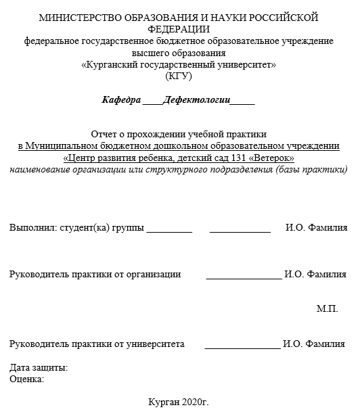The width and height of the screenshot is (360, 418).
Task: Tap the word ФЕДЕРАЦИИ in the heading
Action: pos(179,29)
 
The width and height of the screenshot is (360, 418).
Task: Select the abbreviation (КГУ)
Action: pos(179,76)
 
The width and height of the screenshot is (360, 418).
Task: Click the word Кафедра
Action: pos(121,100)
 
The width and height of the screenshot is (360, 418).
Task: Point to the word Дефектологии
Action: pos(196,100)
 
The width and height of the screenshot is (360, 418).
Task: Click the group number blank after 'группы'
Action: pos(169,229)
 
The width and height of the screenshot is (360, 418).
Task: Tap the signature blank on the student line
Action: pos(240,229)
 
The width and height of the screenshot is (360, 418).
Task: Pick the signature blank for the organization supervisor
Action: pos(244,276)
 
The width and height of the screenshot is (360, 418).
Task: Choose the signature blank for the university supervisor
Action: pos(242,346)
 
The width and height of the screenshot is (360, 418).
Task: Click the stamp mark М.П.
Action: pos(327,309)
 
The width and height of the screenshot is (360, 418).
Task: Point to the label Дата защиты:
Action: pos(39,368)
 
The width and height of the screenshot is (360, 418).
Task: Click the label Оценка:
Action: pos(27,379)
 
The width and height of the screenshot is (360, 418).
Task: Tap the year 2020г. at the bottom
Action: pos(195,402)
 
